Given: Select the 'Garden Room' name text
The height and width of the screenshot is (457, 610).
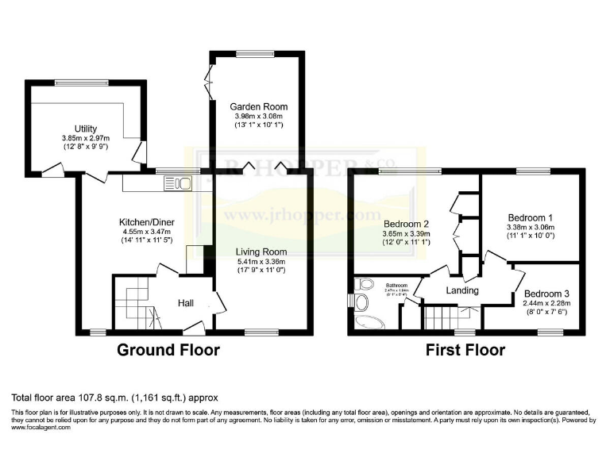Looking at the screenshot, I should (259, 106).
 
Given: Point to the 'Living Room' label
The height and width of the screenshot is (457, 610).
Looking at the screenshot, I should (261, 252).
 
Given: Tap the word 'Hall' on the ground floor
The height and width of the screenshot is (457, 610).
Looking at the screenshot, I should (185, 302).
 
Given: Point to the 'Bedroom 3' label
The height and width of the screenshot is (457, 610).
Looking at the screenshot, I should (546, 292).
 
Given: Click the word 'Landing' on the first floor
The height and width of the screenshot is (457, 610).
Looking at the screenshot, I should (450, 290).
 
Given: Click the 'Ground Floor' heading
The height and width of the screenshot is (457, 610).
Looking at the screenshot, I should (168, 350).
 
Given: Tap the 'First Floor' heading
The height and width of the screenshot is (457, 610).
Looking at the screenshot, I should (465, 350).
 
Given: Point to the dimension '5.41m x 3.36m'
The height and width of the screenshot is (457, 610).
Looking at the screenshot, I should (261, 261).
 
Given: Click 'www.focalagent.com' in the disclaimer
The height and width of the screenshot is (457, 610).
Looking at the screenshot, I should (41, 427).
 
